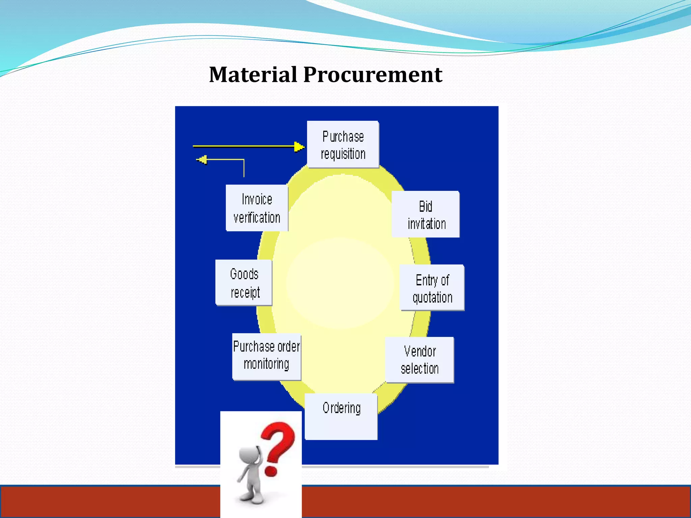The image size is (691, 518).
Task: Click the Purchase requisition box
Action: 343,144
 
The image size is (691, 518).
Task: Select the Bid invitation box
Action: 425,214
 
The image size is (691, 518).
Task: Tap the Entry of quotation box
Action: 432,288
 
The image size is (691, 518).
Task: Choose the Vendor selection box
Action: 419,360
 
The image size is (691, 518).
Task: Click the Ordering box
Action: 341,416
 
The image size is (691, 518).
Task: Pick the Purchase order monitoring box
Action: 266,357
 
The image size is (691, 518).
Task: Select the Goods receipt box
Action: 244,283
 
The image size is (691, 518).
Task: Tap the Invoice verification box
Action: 257,208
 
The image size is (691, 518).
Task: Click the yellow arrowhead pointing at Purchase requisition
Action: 299,147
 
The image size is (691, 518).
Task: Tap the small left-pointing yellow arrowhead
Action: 202,159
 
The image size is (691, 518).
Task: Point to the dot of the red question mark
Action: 271,471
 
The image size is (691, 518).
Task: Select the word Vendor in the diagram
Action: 420,351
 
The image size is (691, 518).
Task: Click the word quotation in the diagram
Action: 432,297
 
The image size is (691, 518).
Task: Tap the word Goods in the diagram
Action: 244,274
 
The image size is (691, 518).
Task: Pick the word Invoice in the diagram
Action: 257,199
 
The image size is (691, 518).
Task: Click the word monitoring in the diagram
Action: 266,364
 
